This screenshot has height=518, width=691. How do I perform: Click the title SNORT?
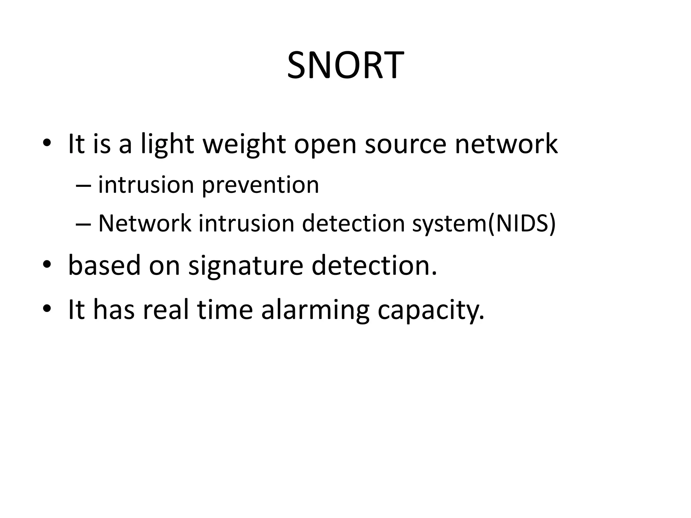point(345,65)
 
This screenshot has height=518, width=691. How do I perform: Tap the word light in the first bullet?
point(167,144)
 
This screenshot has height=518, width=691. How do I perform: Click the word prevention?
point(260,185)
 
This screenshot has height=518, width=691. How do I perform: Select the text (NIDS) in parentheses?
point(521,223)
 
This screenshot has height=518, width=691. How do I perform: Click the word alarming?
point(315,311)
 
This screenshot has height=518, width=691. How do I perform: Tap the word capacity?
point(431,311)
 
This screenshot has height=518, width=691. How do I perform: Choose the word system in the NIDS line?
point(449,224)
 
